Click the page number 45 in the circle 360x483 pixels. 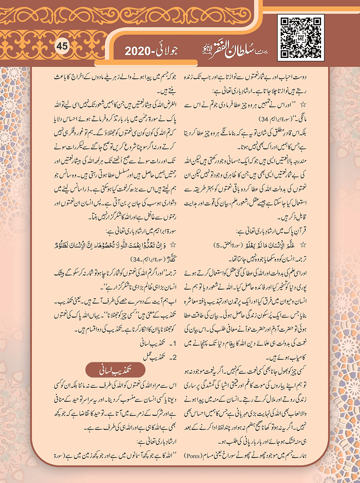coord(62,46)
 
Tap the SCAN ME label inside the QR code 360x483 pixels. coord(301,38)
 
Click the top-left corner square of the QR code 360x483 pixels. coord(285,22)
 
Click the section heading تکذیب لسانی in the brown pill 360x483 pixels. coord(115,370)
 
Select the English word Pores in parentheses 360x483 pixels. coord(193,456)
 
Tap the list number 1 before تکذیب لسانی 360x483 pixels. coord(174,344)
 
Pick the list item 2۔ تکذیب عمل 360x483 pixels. coord(160,357)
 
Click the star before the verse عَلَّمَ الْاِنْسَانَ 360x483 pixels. coord(303,245)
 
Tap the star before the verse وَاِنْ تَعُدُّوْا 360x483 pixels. coord(173,245)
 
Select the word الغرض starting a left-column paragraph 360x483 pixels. coord(169,105)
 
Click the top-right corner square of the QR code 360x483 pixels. coord(316,22)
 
